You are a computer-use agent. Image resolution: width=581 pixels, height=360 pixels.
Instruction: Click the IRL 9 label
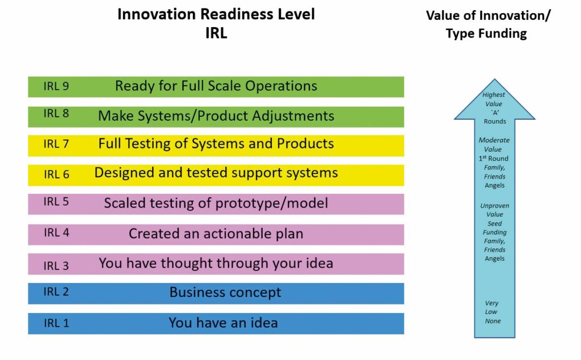[56, 86]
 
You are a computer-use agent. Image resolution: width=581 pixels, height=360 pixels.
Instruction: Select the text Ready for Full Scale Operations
[216, 86]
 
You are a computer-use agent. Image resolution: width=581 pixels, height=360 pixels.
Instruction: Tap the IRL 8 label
[56, 113]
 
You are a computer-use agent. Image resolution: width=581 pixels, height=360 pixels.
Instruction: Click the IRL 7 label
[56, 143]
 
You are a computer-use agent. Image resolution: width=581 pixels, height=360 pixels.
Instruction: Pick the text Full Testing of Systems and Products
[216, 143]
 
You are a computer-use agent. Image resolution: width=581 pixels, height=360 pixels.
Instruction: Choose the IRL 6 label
[56, 174]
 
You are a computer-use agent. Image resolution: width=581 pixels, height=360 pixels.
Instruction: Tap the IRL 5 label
[56, 201]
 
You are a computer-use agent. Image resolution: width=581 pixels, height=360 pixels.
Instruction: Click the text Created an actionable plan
[216, 234]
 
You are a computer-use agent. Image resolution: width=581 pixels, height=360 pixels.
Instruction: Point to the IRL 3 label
[56, 266]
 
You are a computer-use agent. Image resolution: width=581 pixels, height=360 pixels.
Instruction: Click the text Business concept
[225, 292]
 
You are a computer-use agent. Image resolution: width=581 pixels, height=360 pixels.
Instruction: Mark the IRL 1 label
[56, 323]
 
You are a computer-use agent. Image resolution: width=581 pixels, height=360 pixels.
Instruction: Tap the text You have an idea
[223, 323]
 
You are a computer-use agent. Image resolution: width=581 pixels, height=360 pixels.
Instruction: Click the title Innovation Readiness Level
[216, 14]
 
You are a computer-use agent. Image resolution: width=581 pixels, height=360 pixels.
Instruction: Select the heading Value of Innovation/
[489, 15]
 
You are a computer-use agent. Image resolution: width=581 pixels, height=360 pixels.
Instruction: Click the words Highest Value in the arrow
[494, 99]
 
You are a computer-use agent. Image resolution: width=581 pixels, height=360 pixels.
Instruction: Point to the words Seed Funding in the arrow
[494, 228]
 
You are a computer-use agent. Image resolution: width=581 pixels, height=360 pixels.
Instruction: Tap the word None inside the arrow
[493, 321]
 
